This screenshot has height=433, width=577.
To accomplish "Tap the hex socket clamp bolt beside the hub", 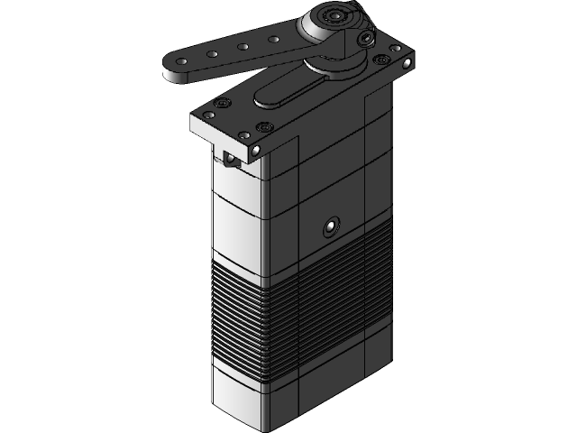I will point(364,39).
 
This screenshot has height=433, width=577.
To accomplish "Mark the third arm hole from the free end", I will point(242,47).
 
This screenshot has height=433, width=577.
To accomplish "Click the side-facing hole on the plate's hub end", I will point(408,64).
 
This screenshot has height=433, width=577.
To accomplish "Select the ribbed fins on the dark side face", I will point(334,289).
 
